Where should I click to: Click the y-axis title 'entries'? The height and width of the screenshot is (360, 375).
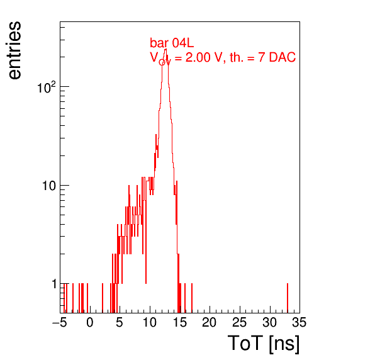tap(15, 50)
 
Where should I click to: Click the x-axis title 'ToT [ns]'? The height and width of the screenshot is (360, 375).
tap(264, 344)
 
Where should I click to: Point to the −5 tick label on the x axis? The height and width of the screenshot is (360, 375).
tap(59, 323)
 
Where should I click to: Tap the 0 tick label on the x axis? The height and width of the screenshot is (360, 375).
tap(90, 323)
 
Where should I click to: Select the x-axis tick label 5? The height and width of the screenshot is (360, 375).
tap(120, 323)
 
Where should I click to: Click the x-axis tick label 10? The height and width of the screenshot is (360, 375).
tap(150, 323)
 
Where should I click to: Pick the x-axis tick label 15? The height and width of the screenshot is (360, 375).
tap(180, 323)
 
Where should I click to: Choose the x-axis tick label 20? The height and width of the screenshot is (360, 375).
tap(210, 323)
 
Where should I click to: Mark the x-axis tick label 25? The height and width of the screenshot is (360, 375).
tap(240, 323)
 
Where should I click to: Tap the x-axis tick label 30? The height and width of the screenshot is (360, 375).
tap(270, 323)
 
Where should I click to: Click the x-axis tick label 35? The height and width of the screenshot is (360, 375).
tap(299, 323)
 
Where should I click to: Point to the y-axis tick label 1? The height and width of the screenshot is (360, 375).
tap(55, 284)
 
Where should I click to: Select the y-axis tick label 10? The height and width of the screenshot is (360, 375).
tap(50, 186)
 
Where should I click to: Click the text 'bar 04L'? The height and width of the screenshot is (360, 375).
tap(172, 43)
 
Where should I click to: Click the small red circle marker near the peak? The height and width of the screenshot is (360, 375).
tap(162, 62)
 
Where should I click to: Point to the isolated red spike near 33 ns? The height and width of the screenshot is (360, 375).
tap(288, 298)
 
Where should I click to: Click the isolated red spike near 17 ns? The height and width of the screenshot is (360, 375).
tap(192, 298)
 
